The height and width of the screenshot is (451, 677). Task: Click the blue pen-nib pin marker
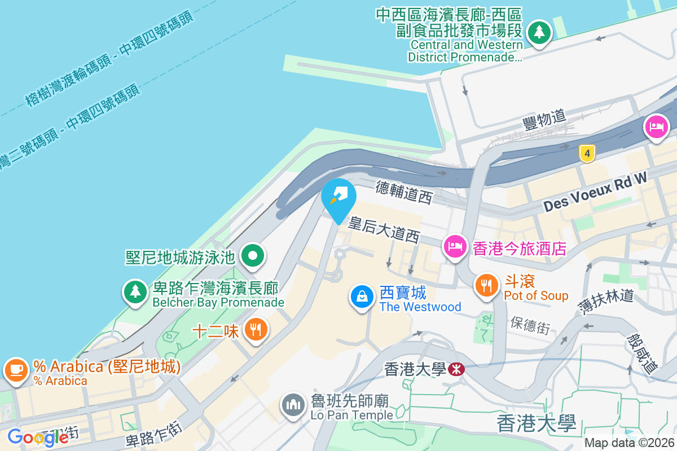[338, 197]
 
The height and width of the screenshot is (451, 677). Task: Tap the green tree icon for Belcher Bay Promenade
[135, 291]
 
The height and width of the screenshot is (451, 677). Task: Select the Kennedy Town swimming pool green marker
[253, 257]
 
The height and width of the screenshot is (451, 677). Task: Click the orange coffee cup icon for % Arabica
[16, 370]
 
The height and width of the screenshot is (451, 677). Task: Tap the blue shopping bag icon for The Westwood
[362, 297]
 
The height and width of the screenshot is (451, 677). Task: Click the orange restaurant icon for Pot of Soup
[486, 285]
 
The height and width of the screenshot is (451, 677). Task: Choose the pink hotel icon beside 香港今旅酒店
[455, 246]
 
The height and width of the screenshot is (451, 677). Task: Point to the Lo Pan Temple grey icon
[293, 405]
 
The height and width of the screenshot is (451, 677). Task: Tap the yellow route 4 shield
[587, 153]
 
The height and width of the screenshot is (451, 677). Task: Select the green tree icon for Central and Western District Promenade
[539, 32]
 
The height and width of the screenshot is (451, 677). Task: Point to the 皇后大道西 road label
[384, 230]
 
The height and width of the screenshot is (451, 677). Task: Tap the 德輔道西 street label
[404, 192]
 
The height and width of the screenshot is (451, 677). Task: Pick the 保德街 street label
[530, 325]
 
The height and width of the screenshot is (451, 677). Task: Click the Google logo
[38, 437]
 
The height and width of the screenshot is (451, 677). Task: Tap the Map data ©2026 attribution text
[629, 443]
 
